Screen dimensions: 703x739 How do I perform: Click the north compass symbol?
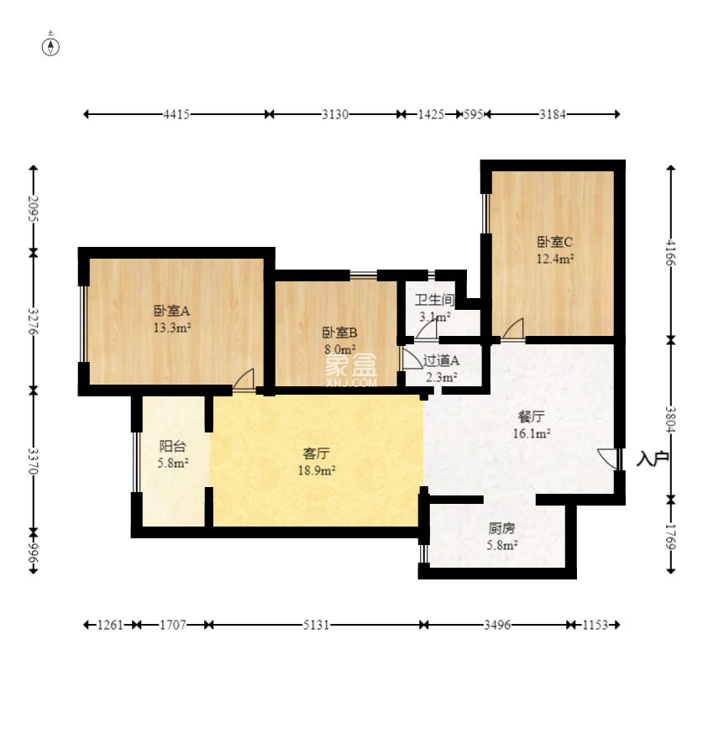point(50,47)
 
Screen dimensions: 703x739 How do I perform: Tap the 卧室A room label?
point(171,311)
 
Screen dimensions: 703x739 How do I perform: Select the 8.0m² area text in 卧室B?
point(340,349)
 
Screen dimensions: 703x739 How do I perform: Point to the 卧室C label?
point(554,242)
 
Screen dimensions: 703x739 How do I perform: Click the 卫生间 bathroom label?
point(434,300)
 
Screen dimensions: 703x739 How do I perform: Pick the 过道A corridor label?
point(441,360)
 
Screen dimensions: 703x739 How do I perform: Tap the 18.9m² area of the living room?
point(317,470)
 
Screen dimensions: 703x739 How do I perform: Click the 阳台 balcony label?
point(172,446)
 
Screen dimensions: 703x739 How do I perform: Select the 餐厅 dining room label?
point(532,417)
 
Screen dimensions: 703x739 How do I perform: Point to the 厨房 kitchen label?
point(501,528)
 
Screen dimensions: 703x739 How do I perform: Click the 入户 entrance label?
point(653,459)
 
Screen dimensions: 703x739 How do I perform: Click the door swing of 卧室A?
point(244,380)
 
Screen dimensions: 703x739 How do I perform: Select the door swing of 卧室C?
point(512,328)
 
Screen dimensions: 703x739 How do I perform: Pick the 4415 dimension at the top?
point(176,114)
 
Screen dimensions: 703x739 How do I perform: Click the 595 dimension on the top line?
point(473,114)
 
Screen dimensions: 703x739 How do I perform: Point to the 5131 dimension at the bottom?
point(316,625)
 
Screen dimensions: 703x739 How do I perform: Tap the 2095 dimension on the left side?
point(33,209)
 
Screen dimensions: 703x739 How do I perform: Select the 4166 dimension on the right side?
point(671,253)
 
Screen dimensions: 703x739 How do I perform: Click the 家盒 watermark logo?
point(351,370)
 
